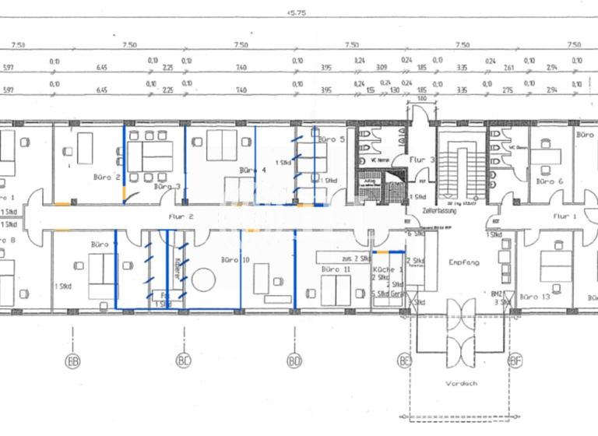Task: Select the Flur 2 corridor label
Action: pos(179,219)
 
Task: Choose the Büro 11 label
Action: pos(336,269)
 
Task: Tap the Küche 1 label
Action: pos(389,268)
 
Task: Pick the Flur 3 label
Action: pos(421,160)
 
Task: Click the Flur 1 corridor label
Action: pos(566,216)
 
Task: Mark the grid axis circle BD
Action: pos(294,360)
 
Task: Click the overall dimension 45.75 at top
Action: pos(296,12)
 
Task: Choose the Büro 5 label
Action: pos(331,139)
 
